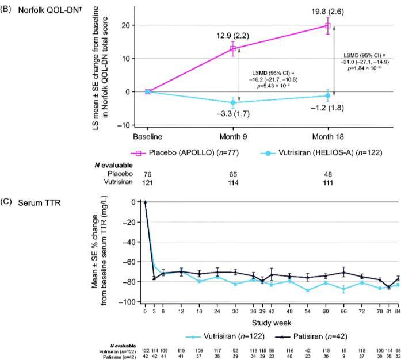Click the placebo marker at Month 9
point(233,49)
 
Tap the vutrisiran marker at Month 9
point(233,102)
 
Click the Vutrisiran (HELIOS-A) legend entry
point(305,154)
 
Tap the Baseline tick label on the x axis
point(148,137)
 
